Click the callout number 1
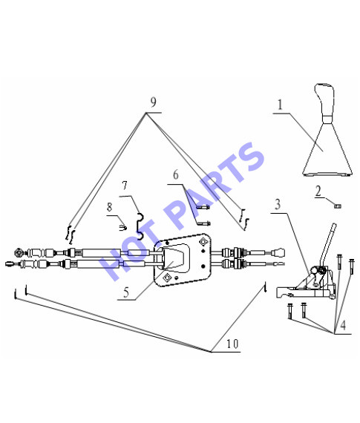[280, 105]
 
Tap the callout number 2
[318, 191]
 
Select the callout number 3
[278, 205]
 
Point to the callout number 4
[343, 325]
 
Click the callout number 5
[126, 292]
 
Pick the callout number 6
[176, 175]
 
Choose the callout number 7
[125, 186]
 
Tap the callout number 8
[109, 207]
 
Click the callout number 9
[154, 102]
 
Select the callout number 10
[232, 344]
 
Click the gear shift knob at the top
[325, 100]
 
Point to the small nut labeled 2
[337, 206]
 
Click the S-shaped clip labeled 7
[140, 226]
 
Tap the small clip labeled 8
[122, 228]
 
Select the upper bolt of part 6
[203, 207]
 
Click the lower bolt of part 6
[203, 223]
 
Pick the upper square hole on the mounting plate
[203, 242]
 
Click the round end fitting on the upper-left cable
[19, 253]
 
